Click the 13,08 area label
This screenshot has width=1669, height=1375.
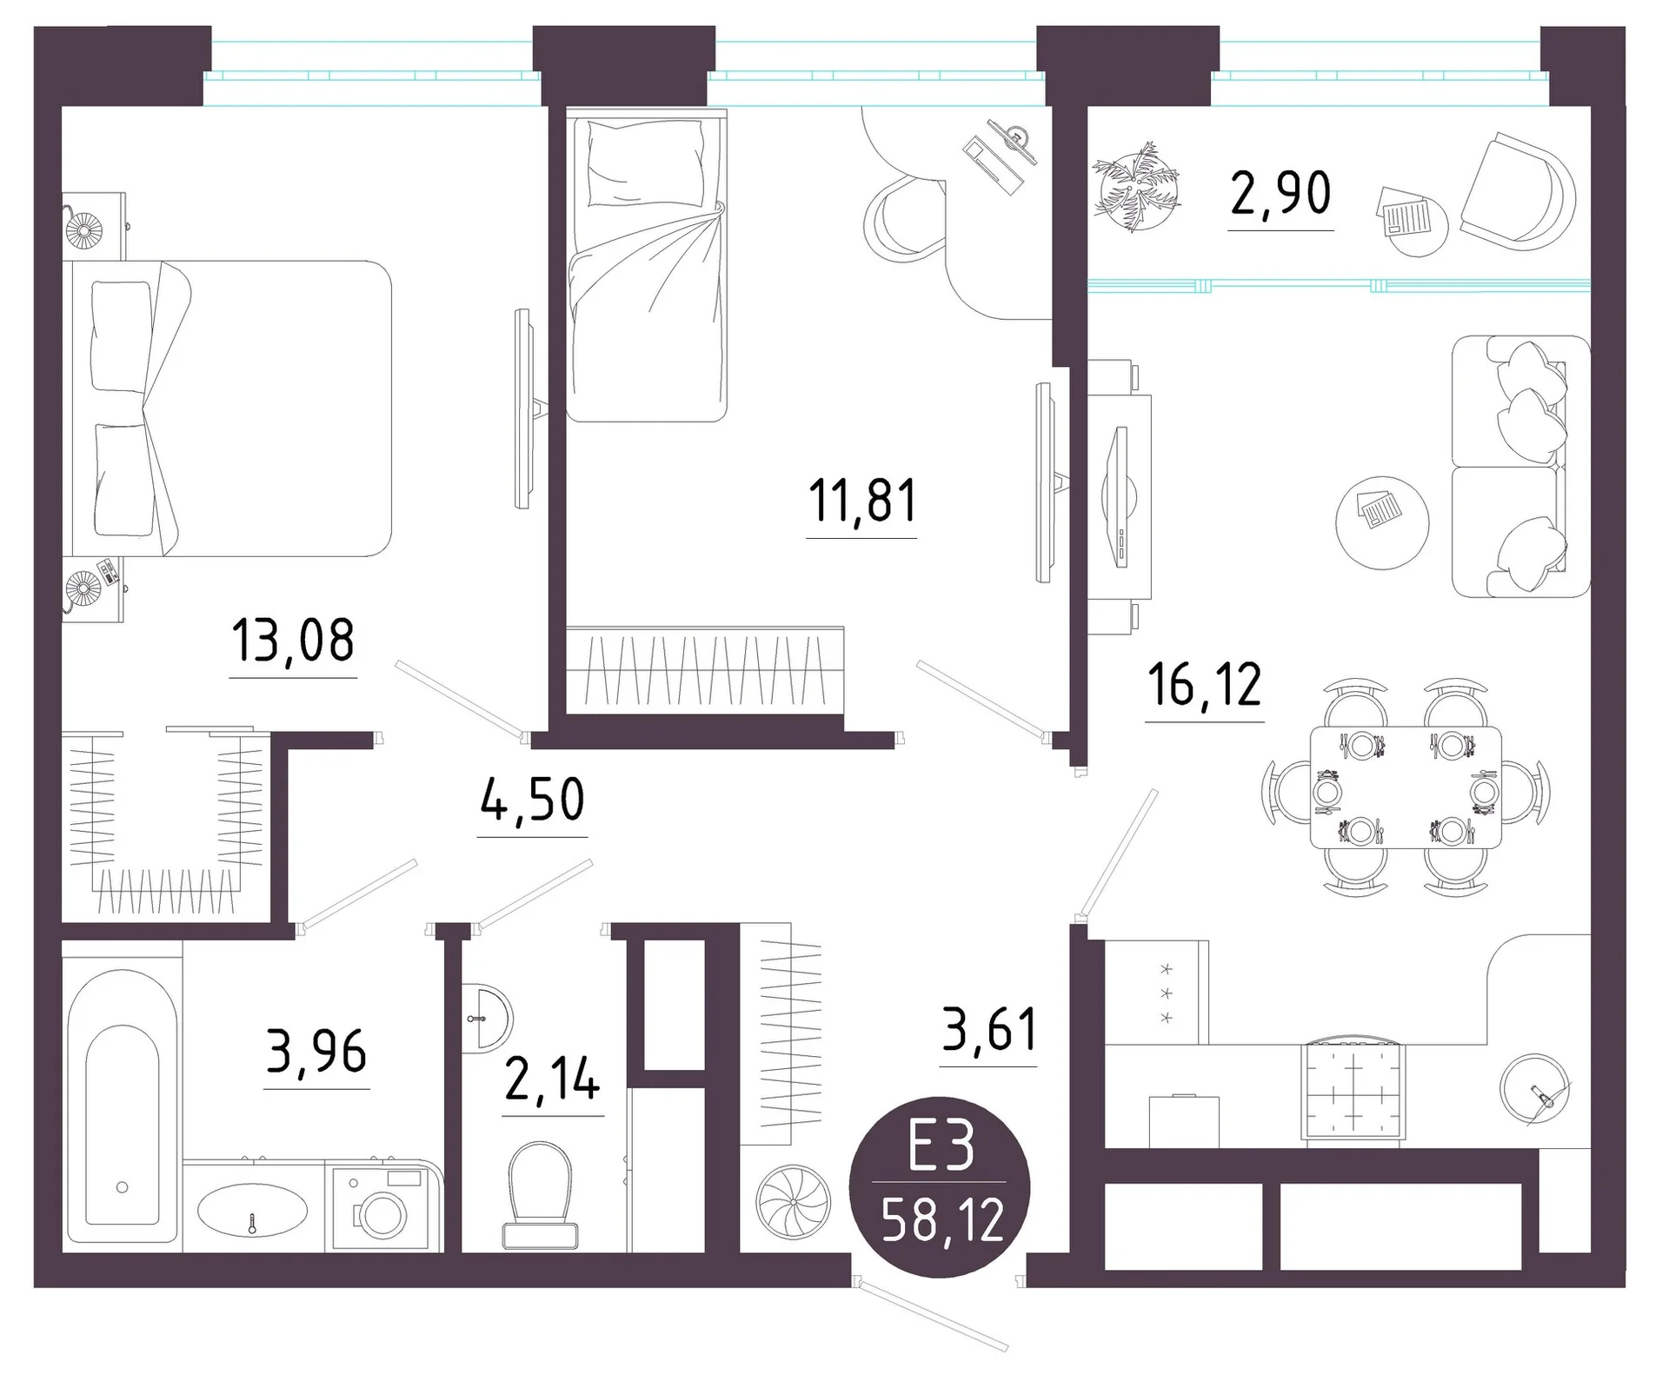(293, 641)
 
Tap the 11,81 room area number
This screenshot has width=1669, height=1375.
(862, 502)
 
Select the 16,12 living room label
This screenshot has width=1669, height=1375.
(1204, 685)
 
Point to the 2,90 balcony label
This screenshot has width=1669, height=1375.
(1280, 193)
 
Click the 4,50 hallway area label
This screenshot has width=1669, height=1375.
(532, 800)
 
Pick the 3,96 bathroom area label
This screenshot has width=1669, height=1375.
(316, 1052)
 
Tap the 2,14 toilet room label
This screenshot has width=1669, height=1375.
(553, 1079)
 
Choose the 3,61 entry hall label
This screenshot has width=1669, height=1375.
(989, 1029)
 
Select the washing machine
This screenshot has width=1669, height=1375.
(379, 1208)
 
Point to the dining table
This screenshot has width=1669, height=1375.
(1406, 787)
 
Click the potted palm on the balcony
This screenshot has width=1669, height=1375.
(1137, 189)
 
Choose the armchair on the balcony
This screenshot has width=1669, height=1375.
(1518, 191)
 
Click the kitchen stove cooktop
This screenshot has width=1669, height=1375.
(1353, 1091)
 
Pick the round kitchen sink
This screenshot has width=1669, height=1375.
(1536, 1090)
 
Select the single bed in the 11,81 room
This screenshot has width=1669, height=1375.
(646, 265)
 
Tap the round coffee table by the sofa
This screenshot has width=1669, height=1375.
(1382, 522)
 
